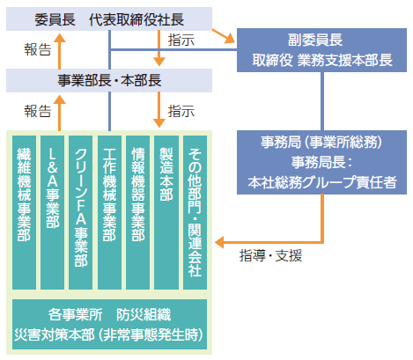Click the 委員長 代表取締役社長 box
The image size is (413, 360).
[109, 18]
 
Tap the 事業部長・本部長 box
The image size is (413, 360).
[109, 81]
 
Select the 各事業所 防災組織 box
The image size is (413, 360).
[109, 322]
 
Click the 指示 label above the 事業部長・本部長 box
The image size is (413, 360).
[181, 40]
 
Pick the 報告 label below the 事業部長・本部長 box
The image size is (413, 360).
[37, 112]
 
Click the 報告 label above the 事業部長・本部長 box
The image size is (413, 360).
[37, 50]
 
